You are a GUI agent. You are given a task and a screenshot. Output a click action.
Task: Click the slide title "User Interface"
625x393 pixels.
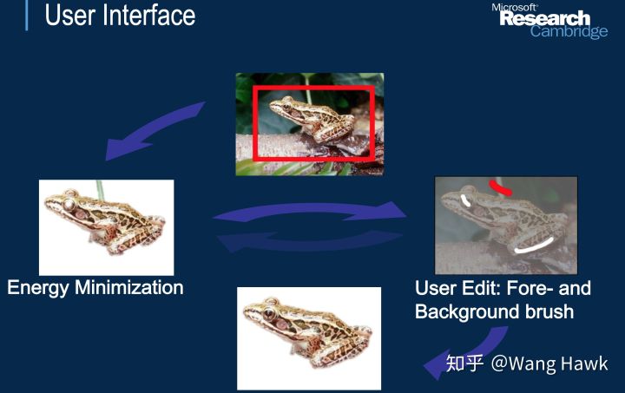point(120,15)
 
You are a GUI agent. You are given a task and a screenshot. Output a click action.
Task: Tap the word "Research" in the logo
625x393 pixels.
point(544,19)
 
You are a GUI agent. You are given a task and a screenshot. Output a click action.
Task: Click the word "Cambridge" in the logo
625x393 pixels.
point(569,32)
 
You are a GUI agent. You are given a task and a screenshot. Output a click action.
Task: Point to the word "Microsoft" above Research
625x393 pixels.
point(515,7)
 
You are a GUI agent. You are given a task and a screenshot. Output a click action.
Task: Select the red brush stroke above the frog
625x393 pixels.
point(501,187)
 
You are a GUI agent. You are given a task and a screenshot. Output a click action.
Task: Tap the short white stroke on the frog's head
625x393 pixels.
point(466,202)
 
